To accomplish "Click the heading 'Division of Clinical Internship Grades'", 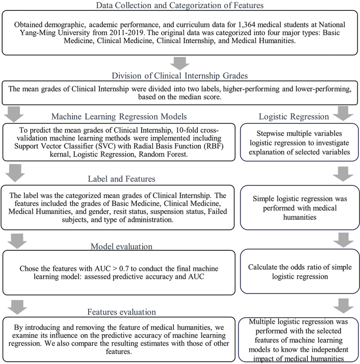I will pyautogui.click(x=180, y=76).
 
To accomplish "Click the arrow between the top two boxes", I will pyautogui.click(x=180, y=62).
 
